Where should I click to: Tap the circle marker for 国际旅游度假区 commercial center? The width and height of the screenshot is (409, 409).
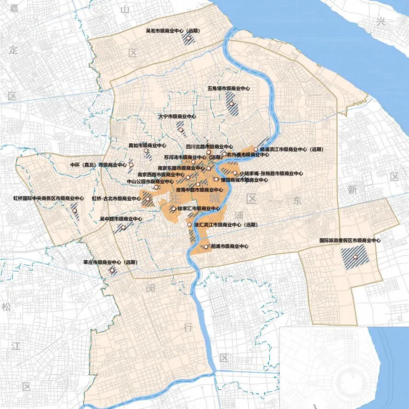pyautogui.click(x=355, y=257)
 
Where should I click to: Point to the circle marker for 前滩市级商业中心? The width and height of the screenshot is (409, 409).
pyautogui.click(x=206, y=247)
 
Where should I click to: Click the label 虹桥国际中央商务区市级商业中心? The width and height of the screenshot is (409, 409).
pyautogui.click(x=48, y=199)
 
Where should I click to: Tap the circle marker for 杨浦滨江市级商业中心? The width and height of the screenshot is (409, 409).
pyautogui.click(x=256, y=150)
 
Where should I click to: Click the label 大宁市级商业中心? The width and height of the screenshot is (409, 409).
pyautogui.click(x=177, y=117)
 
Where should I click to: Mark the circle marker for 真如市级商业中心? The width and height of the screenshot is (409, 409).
pyautogui.click(x=146, y=151)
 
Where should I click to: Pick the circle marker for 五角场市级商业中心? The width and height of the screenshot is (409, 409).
pyautogui.click(x=232, y=104)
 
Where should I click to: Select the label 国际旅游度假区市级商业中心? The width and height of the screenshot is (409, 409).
pyautogui.click(x=350, y=240)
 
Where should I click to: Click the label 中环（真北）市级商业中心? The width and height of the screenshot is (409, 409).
pyautogui.click(x=98, y=165)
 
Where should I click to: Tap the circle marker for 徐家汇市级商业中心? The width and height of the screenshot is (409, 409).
pyautogui.click(x=174, y=208)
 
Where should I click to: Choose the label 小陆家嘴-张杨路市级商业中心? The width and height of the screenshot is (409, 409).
pyautogui.click(x=272, y=174)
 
